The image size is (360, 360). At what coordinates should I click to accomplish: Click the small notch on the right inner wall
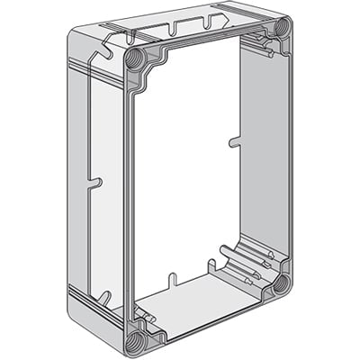(x=234, y=140)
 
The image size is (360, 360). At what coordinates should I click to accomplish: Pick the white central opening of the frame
(x=184, y=171)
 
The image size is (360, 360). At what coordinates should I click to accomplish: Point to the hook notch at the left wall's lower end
(x=105, y=296)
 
